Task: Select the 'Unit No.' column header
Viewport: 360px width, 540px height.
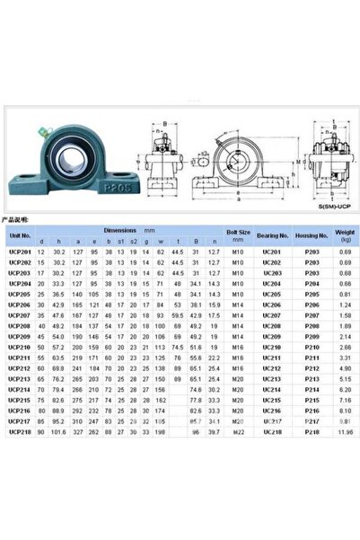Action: pos(20,236)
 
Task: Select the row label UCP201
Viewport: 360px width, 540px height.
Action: pos(20,252)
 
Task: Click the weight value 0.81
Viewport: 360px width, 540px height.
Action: pos(346,294)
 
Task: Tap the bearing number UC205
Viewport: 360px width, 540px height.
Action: pos(272,294)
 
